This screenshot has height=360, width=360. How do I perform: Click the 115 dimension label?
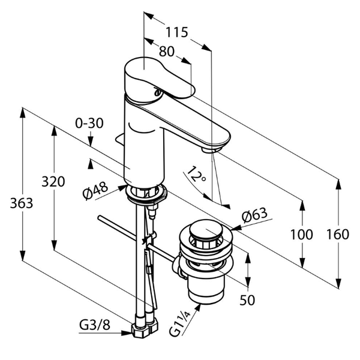(177, 32)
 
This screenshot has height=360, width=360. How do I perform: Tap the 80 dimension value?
(167, 52)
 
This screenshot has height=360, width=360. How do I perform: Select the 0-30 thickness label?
(89, 123)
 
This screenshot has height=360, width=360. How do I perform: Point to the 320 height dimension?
(53, 182)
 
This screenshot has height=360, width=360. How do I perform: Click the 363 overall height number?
(22, 203)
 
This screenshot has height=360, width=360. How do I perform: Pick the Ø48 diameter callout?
(95, 191)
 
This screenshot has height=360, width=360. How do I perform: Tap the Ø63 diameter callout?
(254, 215)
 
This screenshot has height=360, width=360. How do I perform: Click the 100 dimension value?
(302, 235)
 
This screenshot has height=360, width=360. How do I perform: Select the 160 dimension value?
(338, 235)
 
